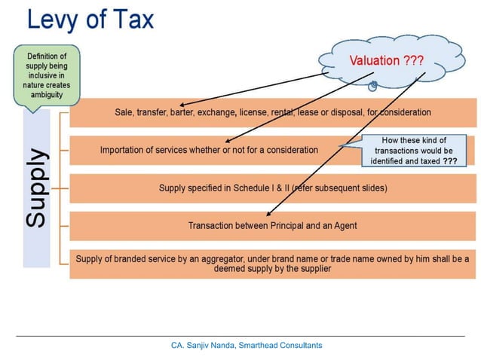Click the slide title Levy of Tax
point(90,20)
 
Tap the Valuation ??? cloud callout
point(384,59)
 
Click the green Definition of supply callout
point(46,75)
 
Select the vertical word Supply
point(37,188)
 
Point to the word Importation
point(125,150)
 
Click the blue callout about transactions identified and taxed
point(414,151)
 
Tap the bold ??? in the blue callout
point(450,161)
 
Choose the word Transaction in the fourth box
point(212,225)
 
